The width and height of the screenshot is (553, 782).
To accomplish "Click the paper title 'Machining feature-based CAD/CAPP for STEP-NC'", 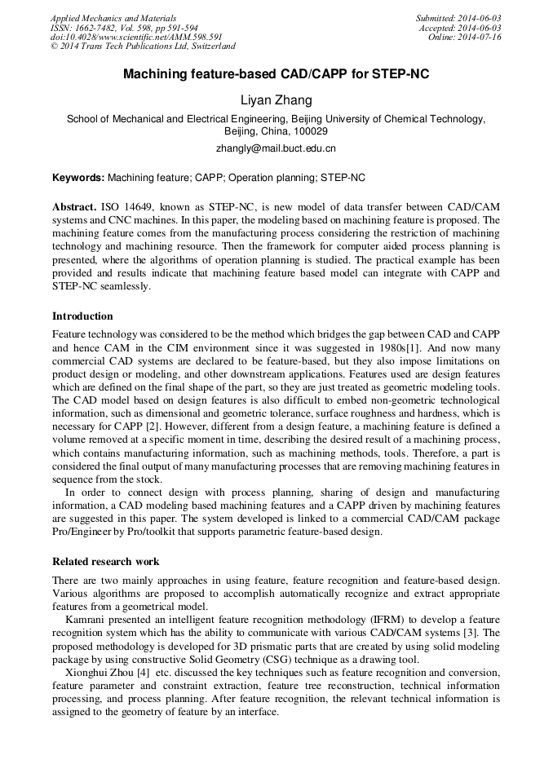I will [x=276, y=74].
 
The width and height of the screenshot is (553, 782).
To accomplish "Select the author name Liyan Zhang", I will [x=276, y=99].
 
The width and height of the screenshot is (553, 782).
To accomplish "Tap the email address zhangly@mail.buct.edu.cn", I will [x=276, y=148].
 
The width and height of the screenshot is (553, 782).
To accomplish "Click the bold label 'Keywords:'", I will [x=78, y=177].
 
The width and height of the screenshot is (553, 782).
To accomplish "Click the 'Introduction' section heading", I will [x=82, y=316].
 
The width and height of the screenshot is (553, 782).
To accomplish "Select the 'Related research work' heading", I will [x=105, y=561].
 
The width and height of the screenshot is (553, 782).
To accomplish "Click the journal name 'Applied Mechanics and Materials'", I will [x=113, y=18].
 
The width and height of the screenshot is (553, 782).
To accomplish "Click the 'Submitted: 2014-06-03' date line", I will [x=458, y=18].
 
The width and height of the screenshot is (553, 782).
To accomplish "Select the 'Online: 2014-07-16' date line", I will [x=464, y=37].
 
